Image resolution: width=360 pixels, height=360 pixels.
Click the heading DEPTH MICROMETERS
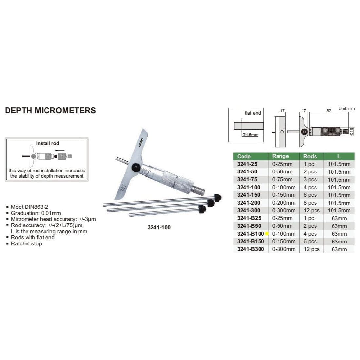point(50,110)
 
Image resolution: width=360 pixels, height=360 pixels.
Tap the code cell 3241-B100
point(250,234)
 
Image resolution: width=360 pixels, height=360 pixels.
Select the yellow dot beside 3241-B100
point(267,234)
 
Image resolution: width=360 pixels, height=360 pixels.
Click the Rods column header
point(310,156)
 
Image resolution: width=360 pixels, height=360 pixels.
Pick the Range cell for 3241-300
point(283,210)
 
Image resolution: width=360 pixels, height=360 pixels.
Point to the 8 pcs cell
point(310,203)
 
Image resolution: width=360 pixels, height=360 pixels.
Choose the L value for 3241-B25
point(339,218)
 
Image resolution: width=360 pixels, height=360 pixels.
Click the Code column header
point(244,156)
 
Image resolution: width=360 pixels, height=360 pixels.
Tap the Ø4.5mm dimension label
point(250,135)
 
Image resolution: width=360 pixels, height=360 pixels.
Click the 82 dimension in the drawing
point(329,111)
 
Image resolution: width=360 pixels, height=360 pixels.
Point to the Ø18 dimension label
point(352,132)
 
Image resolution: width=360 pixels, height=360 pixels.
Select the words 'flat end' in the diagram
point(253,113)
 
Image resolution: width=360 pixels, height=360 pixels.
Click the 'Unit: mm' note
point(347,108)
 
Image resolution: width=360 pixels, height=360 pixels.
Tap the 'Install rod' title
point(47,143)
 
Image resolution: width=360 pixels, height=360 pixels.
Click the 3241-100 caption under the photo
point(159,227)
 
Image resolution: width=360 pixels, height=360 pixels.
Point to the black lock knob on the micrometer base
point(135,168)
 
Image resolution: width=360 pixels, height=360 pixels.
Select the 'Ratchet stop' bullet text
point(26,243)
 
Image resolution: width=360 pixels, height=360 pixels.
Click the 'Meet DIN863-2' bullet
point(29,207)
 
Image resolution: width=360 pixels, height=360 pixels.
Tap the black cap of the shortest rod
point(202,209)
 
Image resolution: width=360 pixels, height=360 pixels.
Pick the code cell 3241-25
point(247,164)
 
